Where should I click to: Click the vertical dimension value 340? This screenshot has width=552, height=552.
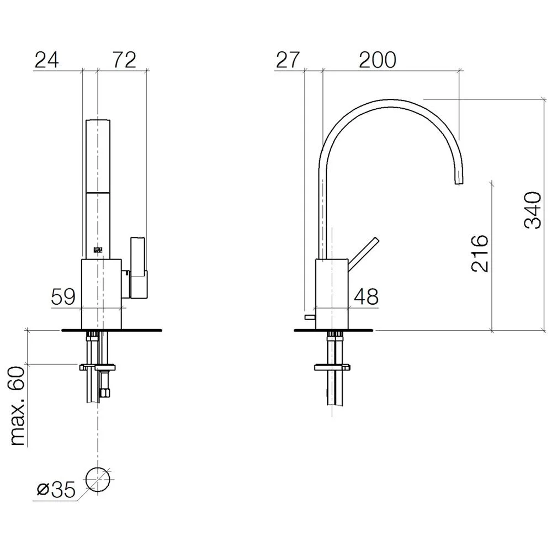point(533,210)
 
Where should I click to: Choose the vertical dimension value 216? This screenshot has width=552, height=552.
point(480,253)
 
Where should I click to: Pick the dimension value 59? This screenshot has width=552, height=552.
point(63,296)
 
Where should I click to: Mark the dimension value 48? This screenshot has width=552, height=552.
point(366,296)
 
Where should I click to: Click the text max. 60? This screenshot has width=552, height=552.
point(18,406)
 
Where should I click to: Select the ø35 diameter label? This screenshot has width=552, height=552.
point(57,489)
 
